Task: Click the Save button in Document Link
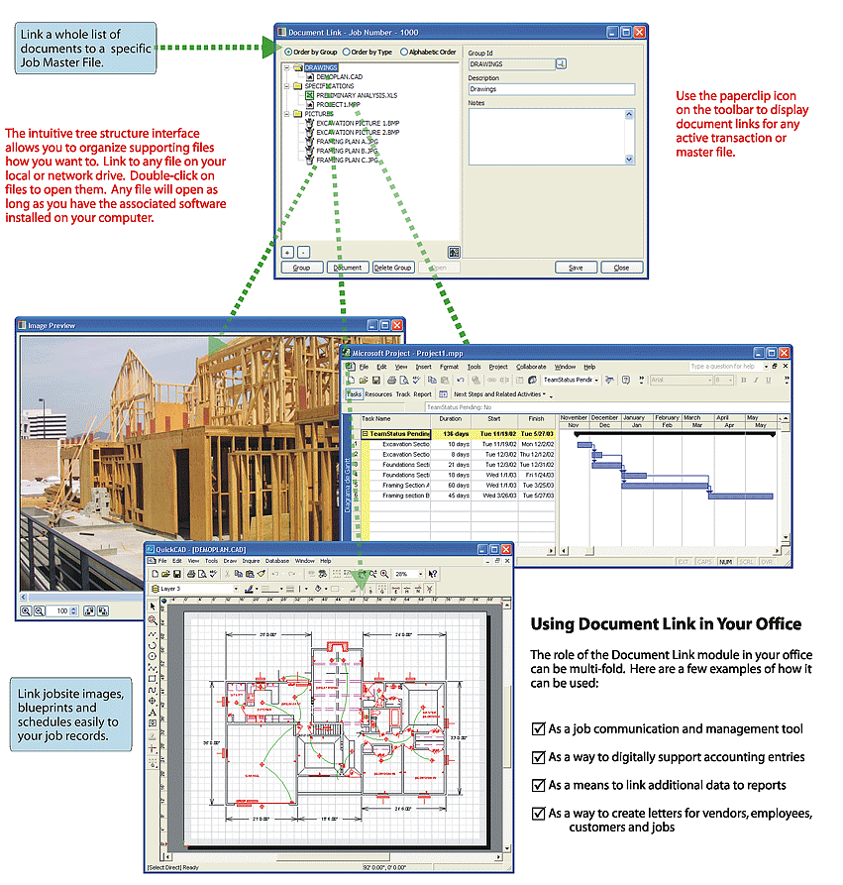(x=575, y=268)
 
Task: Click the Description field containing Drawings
(x=550, y=89)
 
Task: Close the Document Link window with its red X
(x=639, y=32)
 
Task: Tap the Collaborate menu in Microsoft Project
(x=531, y=367)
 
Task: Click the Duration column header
(x=450, y=419)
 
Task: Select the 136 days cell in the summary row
(x=455, y=433)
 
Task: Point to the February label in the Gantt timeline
(x=667, y=417)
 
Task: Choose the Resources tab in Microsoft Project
(x=378, y=393)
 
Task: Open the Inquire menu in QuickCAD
(x=251, y=561)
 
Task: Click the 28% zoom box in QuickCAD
(x=406, y=574)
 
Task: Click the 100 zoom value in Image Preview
(x=61, y=611)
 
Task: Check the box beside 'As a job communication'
(x=538, y=729)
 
